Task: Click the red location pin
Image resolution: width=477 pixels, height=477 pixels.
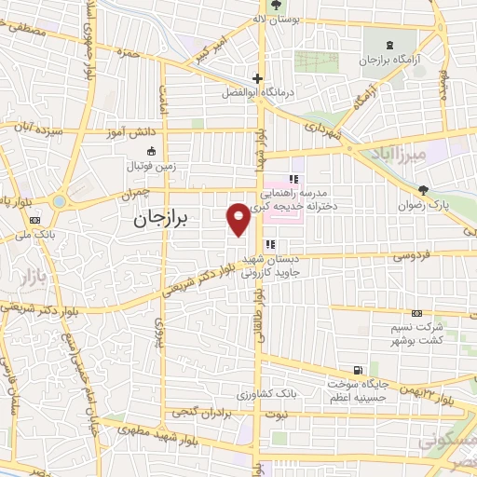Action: (x=238, y=217)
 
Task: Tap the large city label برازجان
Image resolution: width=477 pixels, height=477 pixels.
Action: (x=157, y=220)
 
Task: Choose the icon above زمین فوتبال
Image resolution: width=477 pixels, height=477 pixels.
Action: (x=151, y=152)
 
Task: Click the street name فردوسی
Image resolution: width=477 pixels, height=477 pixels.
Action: (x=410, y=255)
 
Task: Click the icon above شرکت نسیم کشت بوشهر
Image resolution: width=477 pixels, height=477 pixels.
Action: (x=416, y=313)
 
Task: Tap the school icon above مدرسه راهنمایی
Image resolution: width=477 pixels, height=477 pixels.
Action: (x=293, y=179)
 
